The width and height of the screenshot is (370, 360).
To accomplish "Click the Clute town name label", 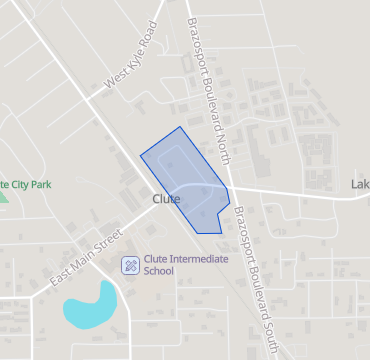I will (166, 200).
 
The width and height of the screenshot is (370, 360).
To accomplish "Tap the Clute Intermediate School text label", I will (186, 264).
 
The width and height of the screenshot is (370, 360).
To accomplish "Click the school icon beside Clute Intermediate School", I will (129, 265).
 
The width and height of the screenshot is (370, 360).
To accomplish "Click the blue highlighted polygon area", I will (185, 175).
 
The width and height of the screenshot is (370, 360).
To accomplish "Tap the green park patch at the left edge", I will (3, 195).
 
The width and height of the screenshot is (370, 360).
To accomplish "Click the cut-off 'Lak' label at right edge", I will (360, 184).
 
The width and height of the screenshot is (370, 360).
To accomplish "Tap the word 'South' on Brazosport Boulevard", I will (266, 327).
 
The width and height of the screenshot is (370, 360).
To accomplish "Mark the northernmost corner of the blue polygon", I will (181, 127).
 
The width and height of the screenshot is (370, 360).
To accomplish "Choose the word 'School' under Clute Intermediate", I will (159, 271).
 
